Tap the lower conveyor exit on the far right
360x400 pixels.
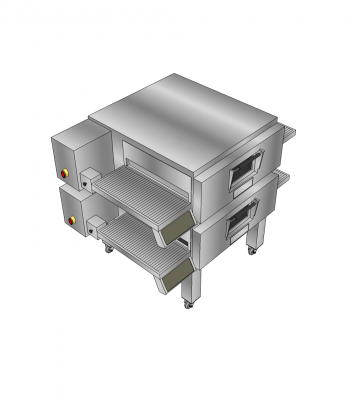[x=284, y=177]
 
